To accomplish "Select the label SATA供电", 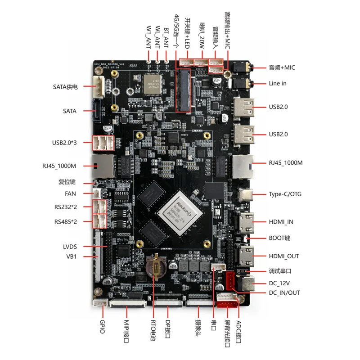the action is pos(65,86).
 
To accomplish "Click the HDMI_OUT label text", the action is pos(284,256).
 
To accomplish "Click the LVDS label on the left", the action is pos(70,247).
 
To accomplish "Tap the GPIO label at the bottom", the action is pos(102,324).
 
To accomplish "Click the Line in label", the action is pos(278,83).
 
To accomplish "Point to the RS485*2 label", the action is pos(66,221).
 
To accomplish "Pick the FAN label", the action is pos(71,194).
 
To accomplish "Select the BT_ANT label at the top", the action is pos(166,36).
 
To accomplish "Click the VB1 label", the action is pos(72,256).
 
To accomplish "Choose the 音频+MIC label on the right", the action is pos(282,67).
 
